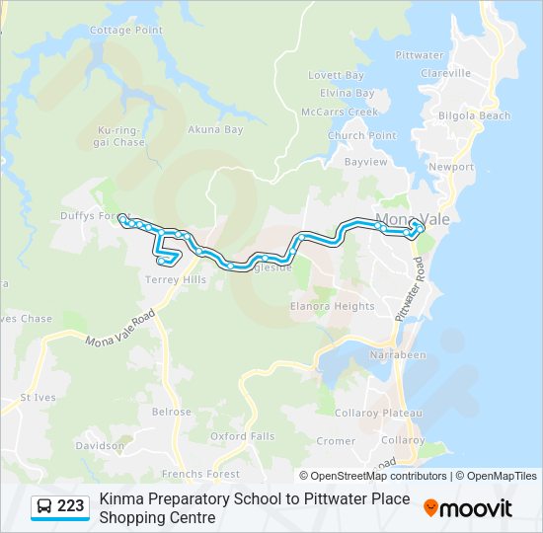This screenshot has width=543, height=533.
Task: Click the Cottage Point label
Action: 125,31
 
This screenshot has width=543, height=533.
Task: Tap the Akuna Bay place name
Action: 215,129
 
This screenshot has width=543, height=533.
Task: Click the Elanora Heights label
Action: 332,306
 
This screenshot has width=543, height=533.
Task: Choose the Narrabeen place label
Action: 397,353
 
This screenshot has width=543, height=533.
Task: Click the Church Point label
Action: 361,136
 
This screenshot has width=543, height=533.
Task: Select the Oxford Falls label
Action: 242,435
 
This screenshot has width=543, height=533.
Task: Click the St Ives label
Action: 39,398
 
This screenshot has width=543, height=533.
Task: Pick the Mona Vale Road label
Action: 120,329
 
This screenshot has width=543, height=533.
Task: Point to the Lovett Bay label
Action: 336,75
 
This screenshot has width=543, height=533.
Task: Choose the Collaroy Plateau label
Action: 378,413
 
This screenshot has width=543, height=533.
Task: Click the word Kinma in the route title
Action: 120,499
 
